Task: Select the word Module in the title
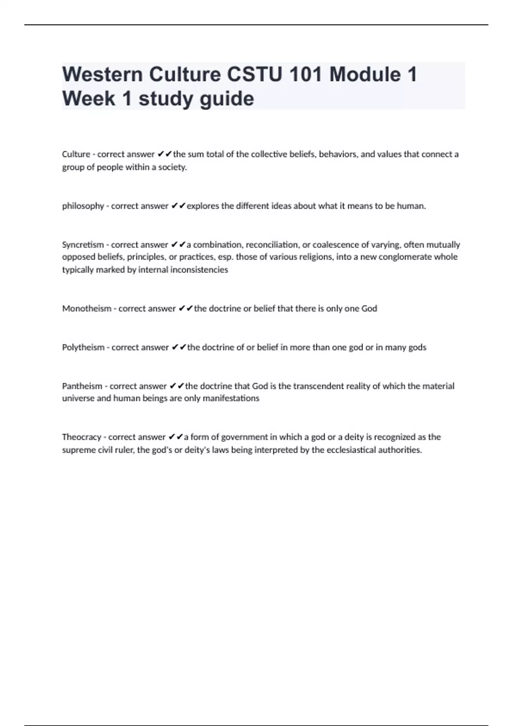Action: pyautogui.click(x=365, y=74)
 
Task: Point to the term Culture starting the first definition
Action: pyautogui.click(x=76, y=154)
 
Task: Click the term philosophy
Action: pyautogui.click(x=83, y=206)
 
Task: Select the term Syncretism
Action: pyautogui.click(x=83, y=245)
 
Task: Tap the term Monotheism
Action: pyautogui.click(x=87, y=308)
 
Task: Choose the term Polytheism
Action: pyautogui.click(x=83, y=347)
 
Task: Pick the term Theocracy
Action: pyautogui.click(x=82, y=437)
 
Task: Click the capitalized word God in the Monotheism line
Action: pyautogui.click(x=369, y=308)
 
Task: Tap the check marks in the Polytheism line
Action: pyautogui.click(x=179, y=347)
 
